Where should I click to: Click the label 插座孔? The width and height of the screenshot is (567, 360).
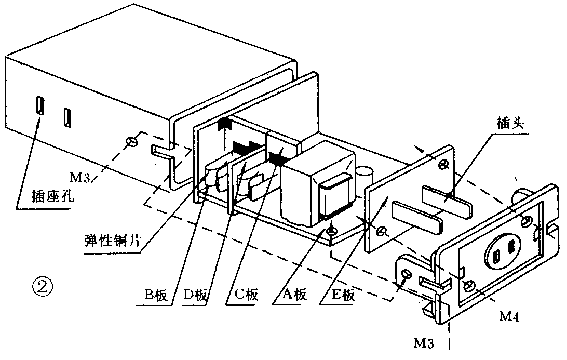53,197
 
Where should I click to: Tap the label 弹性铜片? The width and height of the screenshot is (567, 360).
112,241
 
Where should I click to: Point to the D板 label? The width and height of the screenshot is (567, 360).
195,295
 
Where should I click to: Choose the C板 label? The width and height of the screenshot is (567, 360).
247,295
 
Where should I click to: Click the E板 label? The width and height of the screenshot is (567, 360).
343,295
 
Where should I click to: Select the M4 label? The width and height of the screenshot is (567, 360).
509,316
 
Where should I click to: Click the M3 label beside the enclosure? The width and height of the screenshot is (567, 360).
80,177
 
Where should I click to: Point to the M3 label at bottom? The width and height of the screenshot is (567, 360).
424,342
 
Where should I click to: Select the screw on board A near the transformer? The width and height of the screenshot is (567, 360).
331,231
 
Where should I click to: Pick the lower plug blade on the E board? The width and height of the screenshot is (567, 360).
417,218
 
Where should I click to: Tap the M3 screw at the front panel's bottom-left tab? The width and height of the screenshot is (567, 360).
407,274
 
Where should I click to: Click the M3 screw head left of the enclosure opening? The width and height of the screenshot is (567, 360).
131,142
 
